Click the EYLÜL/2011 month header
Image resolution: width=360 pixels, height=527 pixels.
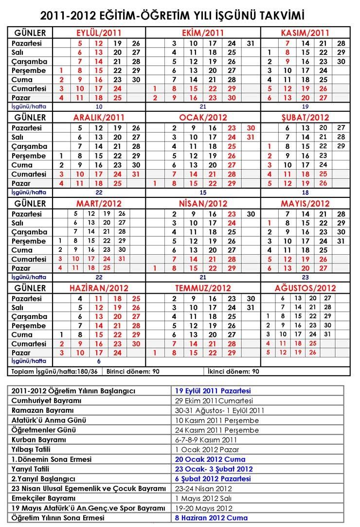99,33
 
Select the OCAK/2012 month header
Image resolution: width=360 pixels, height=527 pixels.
203,118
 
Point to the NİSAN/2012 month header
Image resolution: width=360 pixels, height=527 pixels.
203,203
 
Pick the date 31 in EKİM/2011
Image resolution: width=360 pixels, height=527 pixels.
251,43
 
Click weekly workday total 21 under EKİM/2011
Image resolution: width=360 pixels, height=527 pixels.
203,106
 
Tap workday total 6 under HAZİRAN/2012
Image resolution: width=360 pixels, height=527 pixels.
99,361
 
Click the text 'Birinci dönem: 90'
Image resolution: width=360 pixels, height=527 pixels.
134,371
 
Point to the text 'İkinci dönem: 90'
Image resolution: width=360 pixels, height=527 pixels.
233,371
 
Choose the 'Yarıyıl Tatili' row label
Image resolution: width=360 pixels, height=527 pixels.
32,469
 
